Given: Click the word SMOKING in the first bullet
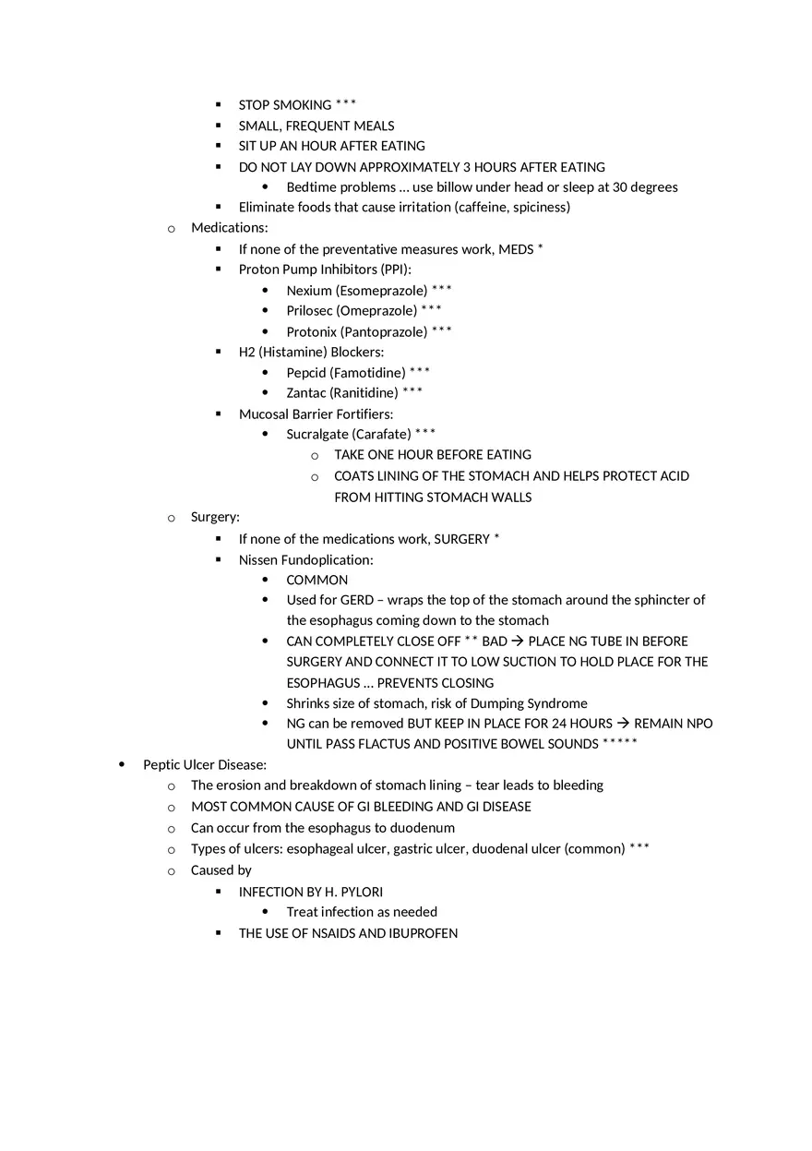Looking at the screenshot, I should [302, 105].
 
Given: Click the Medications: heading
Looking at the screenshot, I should [229, 228].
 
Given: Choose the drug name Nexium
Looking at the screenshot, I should [308, 291].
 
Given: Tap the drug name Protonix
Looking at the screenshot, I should [311, 332].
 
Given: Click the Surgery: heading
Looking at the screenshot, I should [215, 518].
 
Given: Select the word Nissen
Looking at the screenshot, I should [258, 560].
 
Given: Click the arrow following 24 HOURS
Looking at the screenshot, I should [623, 724].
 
